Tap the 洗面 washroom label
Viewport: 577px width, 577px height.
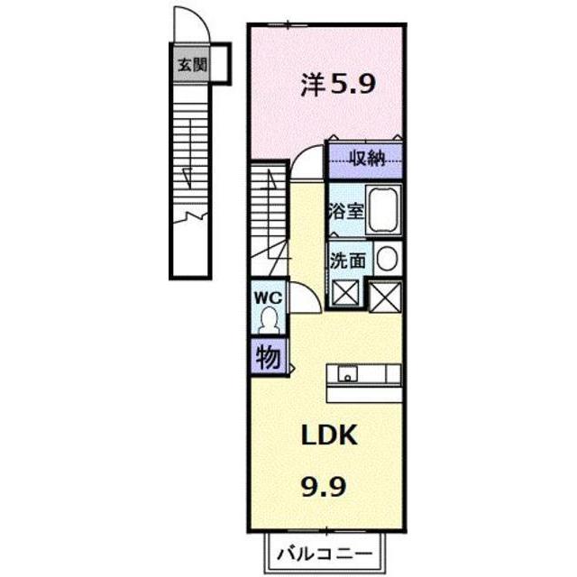[x=348, y=261]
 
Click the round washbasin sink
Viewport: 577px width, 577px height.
[x=387, y=260]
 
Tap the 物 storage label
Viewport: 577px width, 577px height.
[x=268, y=358]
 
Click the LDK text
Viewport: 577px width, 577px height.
[x=330, y=436]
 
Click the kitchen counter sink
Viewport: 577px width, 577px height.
[x=347, y=373]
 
